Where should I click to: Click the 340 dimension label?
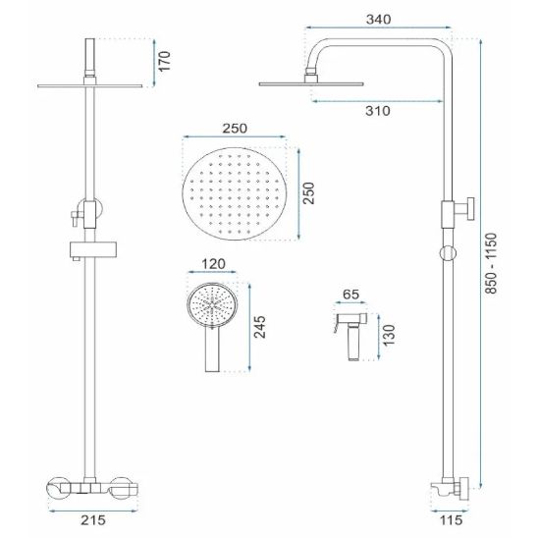tap(378, 20)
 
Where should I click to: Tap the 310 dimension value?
tap(378, 111)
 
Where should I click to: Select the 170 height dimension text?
tap(165, 61)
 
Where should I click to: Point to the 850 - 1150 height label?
tap(491, 263)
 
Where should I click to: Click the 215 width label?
tap(93, 519)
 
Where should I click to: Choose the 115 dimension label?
tap(451, 519)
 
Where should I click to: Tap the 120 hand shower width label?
tap(213, 264)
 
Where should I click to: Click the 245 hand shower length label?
tap(260, 327)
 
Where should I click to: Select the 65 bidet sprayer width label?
tap(350, 295)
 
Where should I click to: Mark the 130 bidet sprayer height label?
tap(389, 335)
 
